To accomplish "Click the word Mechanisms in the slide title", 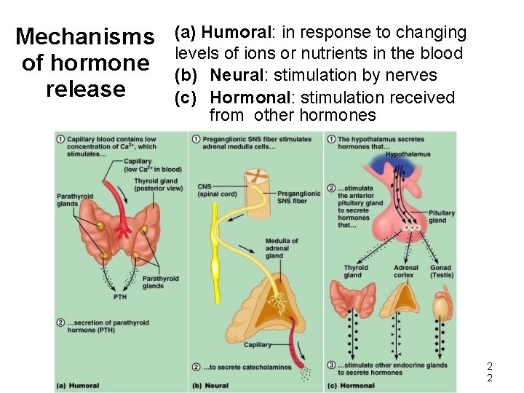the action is coord(84,36).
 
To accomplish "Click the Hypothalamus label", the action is coord(408,154).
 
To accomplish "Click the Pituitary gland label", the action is coord(441,217).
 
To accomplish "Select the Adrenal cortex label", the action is coord(405,271).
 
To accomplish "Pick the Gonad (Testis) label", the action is coord(441,271).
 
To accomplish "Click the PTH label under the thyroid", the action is coord(120,297).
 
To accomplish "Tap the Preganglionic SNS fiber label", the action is coord(298,197).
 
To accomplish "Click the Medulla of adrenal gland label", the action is coord(281,248).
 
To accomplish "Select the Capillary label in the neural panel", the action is coord(258,344).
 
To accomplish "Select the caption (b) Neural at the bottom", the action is coord(210,385).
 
